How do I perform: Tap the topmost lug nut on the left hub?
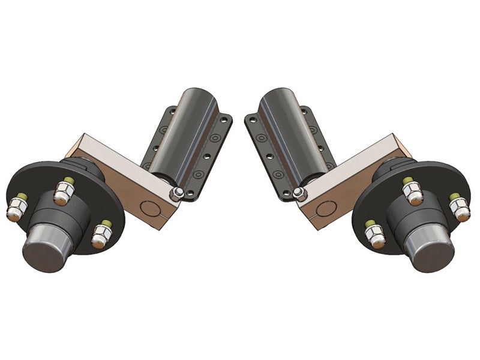click(63, 191)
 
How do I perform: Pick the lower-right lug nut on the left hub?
click(100, 235)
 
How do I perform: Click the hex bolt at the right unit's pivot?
click(298, 192)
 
